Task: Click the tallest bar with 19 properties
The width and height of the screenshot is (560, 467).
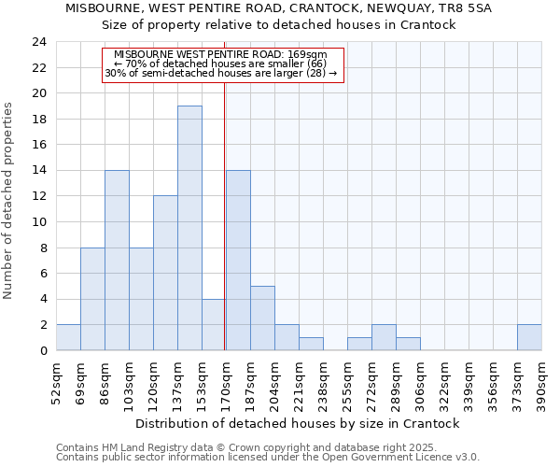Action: (189, 228)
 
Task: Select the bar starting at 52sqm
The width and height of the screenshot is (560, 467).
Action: (68, 337)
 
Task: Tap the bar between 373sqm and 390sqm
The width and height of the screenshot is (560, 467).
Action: (529, 337)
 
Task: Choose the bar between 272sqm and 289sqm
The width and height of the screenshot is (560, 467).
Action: (384, 337)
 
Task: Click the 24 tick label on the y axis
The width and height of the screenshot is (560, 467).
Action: (38, 42)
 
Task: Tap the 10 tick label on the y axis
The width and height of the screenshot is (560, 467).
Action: (38, 222)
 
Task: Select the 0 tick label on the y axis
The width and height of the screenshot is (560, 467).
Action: (42, 350)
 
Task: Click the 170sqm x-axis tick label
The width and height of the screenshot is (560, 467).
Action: (226, 381)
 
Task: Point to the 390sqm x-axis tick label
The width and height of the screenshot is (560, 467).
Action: (541, 381)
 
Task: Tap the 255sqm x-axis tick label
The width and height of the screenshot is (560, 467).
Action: (347, 381)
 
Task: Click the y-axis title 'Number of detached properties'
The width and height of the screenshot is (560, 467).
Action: (9, 201)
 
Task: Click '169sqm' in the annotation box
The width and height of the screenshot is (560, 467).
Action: (309, 55)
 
